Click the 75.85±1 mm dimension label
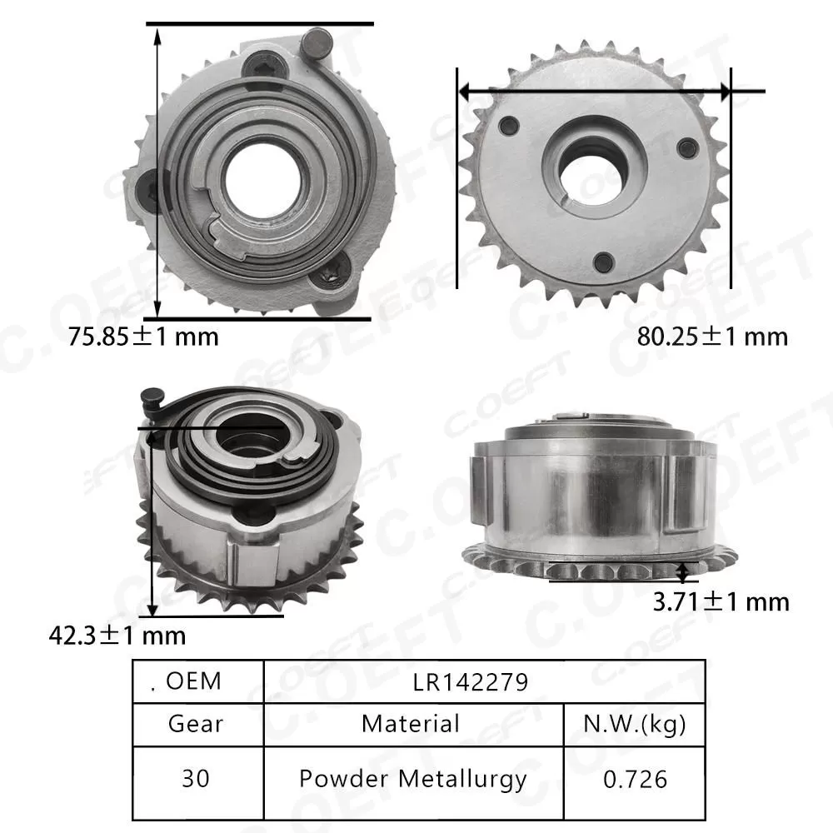point(142,337)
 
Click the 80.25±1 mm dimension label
point(712,337)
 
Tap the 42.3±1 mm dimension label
point(117,636)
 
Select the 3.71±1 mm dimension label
point(721,601)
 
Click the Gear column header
point(196,723)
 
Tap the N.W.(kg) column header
point(634,723)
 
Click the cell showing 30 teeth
point(196,779)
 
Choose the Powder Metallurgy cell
point(412,779)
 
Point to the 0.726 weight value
point(634,779)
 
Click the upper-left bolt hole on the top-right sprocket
point(511,126)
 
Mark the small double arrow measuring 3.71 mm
point(684,571)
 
